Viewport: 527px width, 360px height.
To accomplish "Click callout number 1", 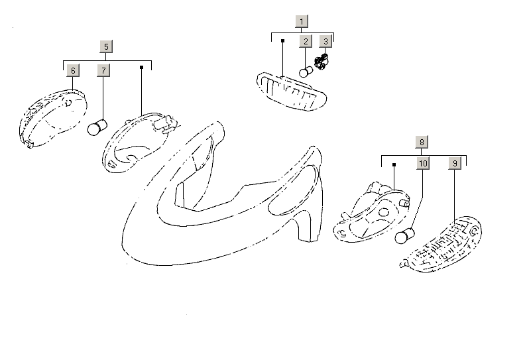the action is pos(302,21).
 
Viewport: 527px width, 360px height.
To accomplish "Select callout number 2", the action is pos(306,42).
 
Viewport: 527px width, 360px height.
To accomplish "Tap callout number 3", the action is pos(325,42).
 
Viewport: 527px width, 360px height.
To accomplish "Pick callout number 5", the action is pos(106,46).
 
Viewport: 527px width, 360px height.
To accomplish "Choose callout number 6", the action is pos(73,70).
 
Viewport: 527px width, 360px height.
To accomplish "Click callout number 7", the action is pos(103,70).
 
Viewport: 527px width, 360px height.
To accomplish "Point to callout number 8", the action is pos(422,142).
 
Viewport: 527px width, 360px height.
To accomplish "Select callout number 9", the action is pos(455,163).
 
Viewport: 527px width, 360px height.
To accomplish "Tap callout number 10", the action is pos(423,163).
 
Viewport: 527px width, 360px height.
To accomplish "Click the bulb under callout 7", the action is pos(97,127).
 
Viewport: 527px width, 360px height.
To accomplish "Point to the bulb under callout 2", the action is pos(306,72).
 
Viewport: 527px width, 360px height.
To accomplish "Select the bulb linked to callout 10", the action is pos(404,235).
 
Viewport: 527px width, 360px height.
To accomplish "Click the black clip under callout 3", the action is pos(321,62).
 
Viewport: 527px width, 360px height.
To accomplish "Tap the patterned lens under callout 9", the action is pos(441,244).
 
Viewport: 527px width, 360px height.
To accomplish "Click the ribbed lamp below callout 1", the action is pos(292,91).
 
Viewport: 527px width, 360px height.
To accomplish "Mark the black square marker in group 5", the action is pos(141,67).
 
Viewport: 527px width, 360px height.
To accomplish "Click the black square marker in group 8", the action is pos(394,164).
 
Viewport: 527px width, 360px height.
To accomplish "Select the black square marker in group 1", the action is pos(282,40).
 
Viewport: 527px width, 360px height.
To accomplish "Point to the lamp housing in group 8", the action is pos(372,212).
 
